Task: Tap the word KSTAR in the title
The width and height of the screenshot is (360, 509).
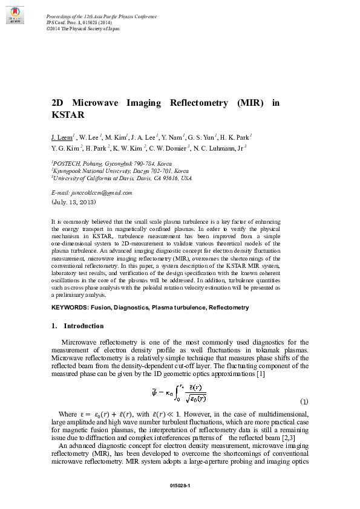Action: tap(67, 114)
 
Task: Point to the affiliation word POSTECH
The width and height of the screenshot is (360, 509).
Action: tap(68, 163)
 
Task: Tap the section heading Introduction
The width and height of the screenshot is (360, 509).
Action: tap(83, 326)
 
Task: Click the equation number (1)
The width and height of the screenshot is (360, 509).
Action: tap(304, 402)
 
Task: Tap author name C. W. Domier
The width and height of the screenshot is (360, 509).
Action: tap(168, 148)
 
